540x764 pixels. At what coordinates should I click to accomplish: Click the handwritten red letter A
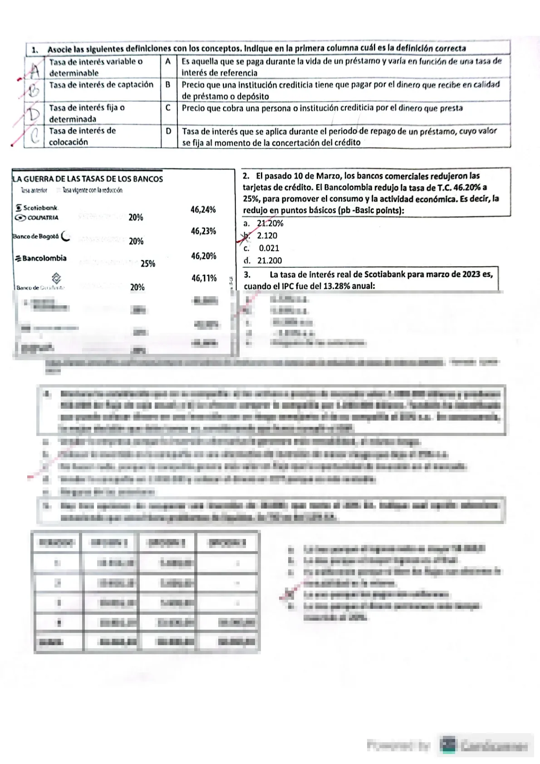[34, 69]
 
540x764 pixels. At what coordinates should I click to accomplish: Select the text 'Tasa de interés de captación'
[101, 85]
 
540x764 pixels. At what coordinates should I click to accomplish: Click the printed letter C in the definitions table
[168, 108]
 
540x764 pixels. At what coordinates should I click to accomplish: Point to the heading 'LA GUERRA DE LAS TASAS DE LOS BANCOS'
[88, 179]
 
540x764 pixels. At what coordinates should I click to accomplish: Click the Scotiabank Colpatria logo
[37, 213]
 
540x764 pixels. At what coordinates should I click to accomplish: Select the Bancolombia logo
[41, 258]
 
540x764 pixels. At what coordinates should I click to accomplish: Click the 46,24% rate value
[203, 210]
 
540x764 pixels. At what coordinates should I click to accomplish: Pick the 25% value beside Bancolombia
[148, 264]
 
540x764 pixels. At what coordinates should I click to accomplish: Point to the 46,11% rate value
[204, 278]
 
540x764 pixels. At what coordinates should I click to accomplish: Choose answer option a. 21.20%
[264, 223]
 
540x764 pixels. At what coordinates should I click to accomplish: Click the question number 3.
[247, 274]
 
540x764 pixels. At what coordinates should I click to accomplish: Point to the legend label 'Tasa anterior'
[34, 190]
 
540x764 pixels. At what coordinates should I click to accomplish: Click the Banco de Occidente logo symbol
[56, 278]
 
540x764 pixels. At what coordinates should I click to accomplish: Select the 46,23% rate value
[203, 231]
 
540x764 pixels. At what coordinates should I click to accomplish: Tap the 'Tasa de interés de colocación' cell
[82, 136]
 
